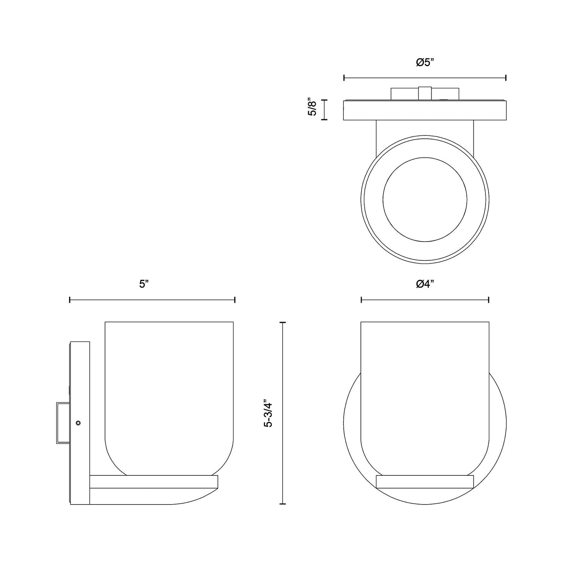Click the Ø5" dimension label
(x=425, y=62)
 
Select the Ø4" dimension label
(x=425, y=284)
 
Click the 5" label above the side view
(x=144, y=284)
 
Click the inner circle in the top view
(x=425, y=199)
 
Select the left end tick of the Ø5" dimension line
(x=344, y=78)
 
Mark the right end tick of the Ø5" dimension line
(x=506, y=78)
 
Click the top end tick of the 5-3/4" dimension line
(x=282, y=322)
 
